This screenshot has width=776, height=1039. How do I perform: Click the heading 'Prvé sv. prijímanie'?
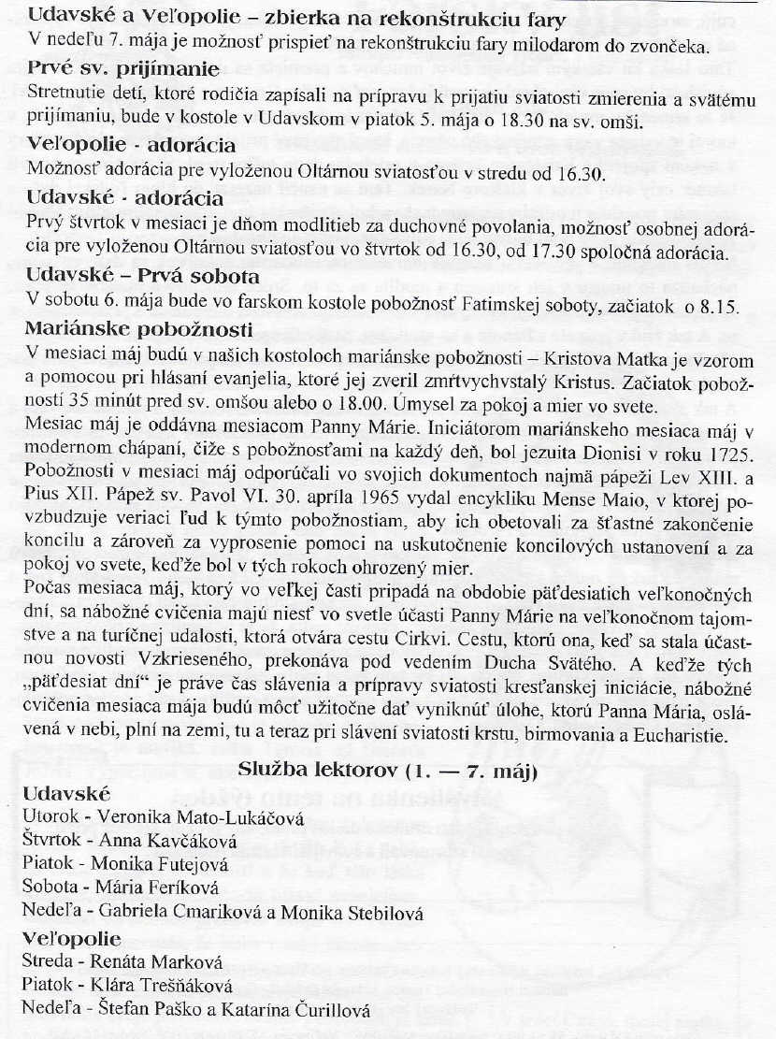coord(122,70)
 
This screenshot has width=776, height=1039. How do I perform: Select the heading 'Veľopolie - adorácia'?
coord(131,145)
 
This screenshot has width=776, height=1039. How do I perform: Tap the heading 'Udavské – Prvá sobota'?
coord(143,277)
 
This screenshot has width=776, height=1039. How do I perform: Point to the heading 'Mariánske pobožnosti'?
coord(140,329)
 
